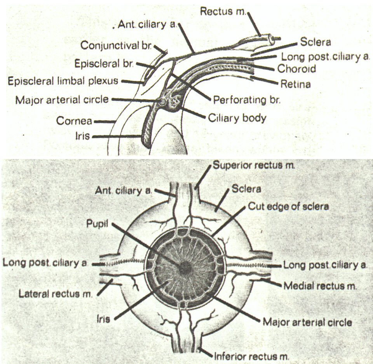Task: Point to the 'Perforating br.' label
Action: coord(247,100)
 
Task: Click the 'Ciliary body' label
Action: coord(237,117)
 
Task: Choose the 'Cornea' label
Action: coord(74,121)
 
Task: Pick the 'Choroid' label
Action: coord(296,69)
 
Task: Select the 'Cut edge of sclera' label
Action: coord(288,206)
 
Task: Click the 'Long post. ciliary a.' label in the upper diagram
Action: coord(325,57)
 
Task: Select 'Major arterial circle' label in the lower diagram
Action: coord(307,322)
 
